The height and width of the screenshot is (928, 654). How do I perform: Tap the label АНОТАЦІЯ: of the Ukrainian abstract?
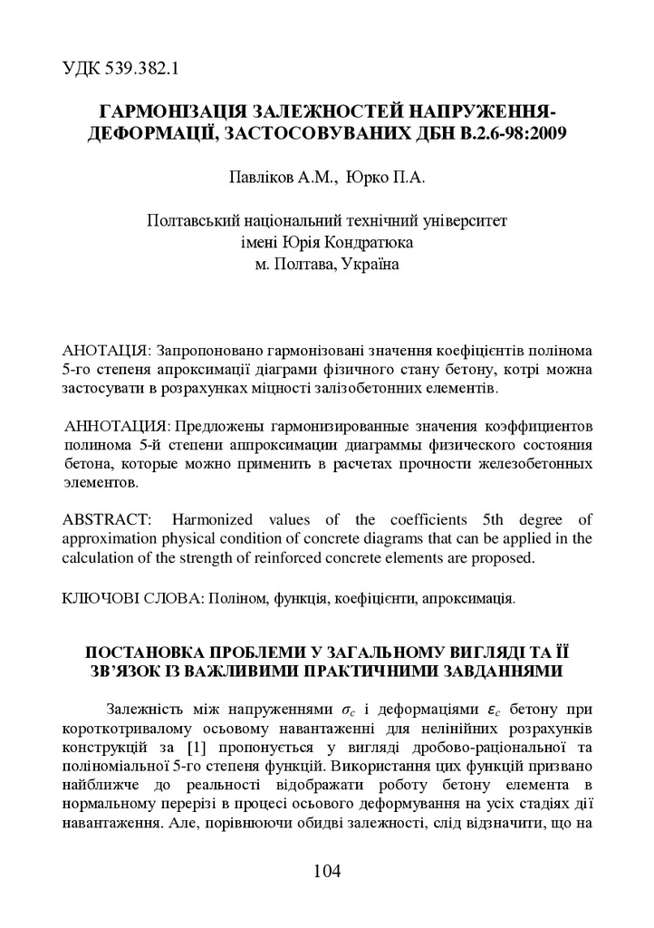coord(107,350)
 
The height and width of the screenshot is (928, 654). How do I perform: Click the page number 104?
coord(326,872)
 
